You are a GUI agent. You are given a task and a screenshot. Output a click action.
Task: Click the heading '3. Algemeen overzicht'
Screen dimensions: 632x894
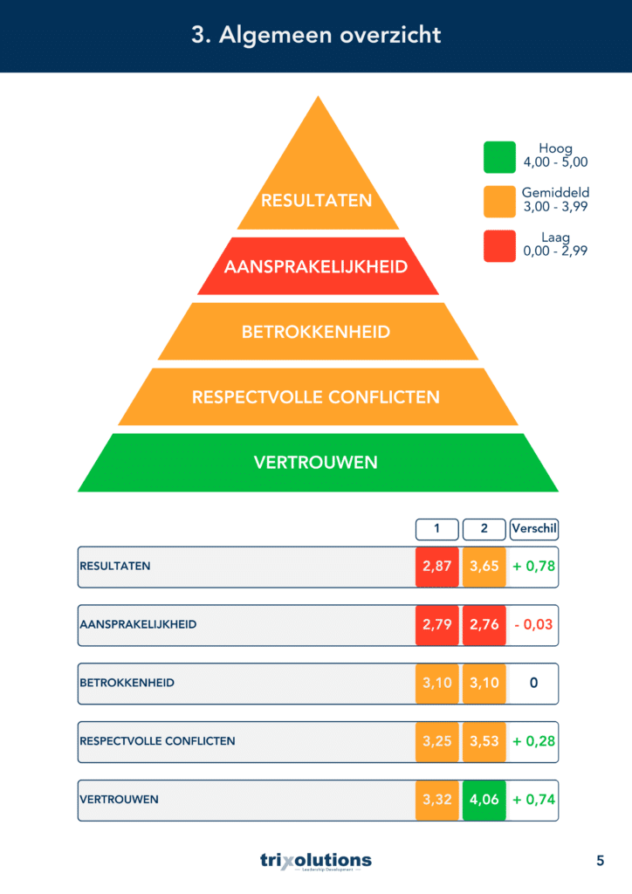coord(316,35)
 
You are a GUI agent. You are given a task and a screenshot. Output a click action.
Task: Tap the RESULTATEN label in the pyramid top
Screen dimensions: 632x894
coord(316,201)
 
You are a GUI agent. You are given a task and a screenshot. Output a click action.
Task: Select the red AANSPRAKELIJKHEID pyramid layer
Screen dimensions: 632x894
coord(318,266)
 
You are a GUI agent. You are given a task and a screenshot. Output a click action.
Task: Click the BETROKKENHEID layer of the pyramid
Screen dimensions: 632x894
coord(318,331)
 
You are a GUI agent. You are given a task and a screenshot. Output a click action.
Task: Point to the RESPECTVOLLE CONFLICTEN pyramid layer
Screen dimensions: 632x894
coord(318,397)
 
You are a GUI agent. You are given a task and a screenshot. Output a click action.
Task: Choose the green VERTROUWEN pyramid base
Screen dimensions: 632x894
coord(318,463)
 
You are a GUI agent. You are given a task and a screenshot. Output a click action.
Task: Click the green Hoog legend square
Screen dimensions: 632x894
coord(500,157)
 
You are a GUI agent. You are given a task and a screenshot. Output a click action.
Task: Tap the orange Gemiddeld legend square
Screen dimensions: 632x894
coord(500,202)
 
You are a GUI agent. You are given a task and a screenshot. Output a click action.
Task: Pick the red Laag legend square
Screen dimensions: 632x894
coord(500,245)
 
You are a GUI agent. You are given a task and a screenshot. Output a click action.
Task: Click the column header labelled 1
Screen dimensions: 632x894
coord(437,529)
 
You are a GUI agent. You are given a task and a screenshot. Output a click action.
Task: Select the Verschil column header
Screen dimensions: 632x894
coord(534,529)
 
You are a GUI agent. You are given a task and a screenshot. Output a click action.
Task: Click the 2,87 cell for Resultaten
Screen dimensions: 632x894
coord(437,567)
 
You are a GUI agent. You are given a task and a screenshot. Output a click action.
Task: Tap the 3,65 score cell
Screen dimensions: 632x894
coord(484,567)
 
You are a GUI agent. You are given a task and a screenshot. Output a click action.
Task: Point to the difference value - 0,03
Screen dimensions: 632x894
coord(533,625)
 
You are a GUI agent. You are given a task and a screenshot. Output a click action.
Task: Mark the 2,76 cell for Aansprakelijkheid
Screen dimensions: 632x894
coord(484,625)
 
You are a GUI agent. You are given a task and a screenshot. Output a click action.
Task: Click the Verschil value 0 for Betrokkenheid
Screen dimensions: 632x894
coord(533,683)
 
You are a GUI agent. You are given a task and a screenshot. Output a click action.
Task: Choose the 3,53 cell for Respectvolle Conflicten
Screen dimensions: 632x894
coord(484,742)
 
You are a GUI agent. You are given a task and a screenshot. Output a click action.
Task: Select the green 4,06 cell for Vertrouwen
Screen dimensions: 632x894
coord(484,800)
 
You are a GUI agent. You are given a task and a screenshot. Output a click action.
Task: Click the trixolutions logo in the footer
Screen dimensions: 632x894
coord(316,861)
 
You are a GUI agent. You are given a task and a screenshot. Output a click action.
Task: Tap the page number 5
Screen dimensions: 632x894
coord(600,861)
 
